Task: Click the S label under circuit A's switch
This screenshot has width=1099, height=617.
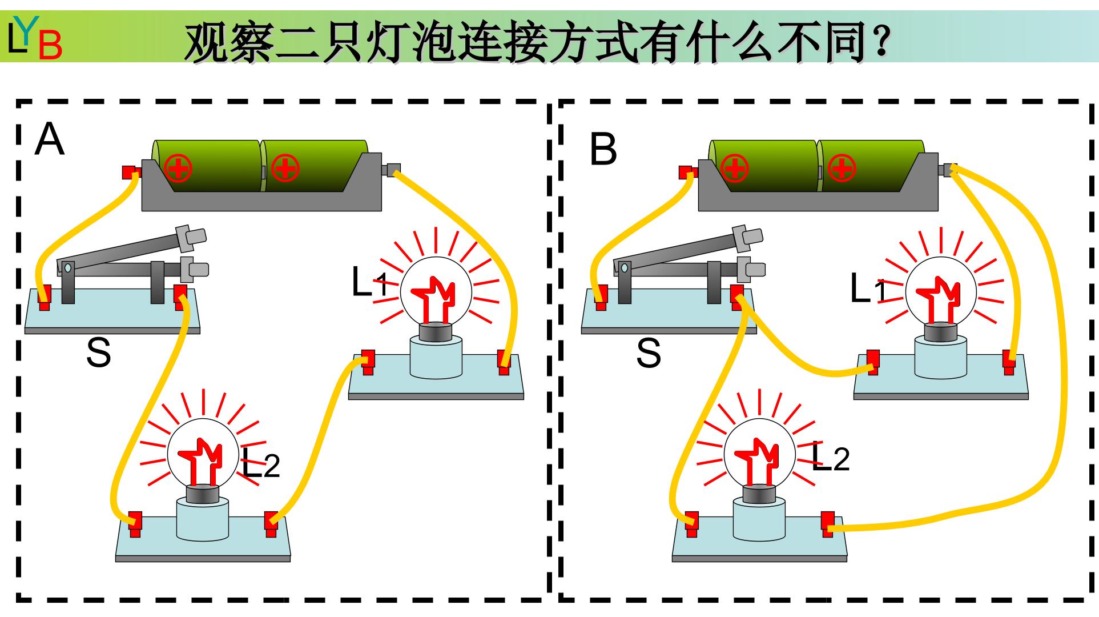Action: tap(98, 352)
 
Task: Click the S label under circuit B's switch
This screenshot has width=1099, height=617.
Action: tap(649, 352)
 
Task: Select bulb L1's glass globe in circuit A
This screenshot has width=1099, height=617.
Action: tap(436, 293)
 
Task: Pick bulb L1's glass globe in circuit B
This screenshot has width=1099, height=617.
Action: tap(940, 293)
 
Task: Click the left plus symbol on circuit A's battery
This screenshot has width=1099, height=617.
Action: tap(178, 168)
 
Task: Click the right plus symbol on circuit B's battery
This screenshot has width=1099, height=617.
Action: tap(841, 168)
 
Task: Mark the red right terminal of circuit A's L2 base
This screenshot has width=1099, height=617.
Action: tap(271, 524)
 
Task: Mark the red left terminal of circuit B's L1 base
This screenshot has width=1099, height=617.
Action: tap(872, 362)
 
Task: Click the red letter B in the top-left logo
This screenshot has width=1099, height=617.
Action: tap(50, 45)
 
